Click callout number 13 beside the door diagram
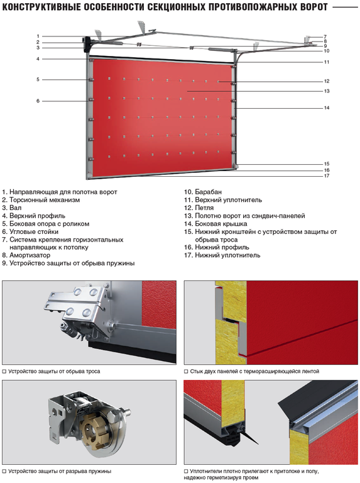(327, 91)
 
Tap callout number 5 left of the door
(38, 79)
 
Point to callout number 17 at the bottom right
(327, 176)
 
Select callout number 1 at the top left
(38, 36)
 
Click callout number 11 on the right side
(327, 62)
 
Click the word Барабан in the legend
(209, 192)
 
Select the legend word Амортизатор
(30, 255)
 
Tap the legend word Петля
(204, 208)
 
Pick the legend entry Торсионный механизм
(45, 200)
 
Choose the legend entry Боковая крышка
(221, 224)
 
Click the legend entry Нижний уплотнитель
(227, 255)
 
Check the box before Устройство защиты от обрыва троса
(4, 372)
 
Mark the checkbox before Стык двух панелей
(186, 372)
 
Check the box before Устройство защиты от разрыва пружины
(4, 471)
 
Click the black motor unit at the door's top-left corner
(86, 42)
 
